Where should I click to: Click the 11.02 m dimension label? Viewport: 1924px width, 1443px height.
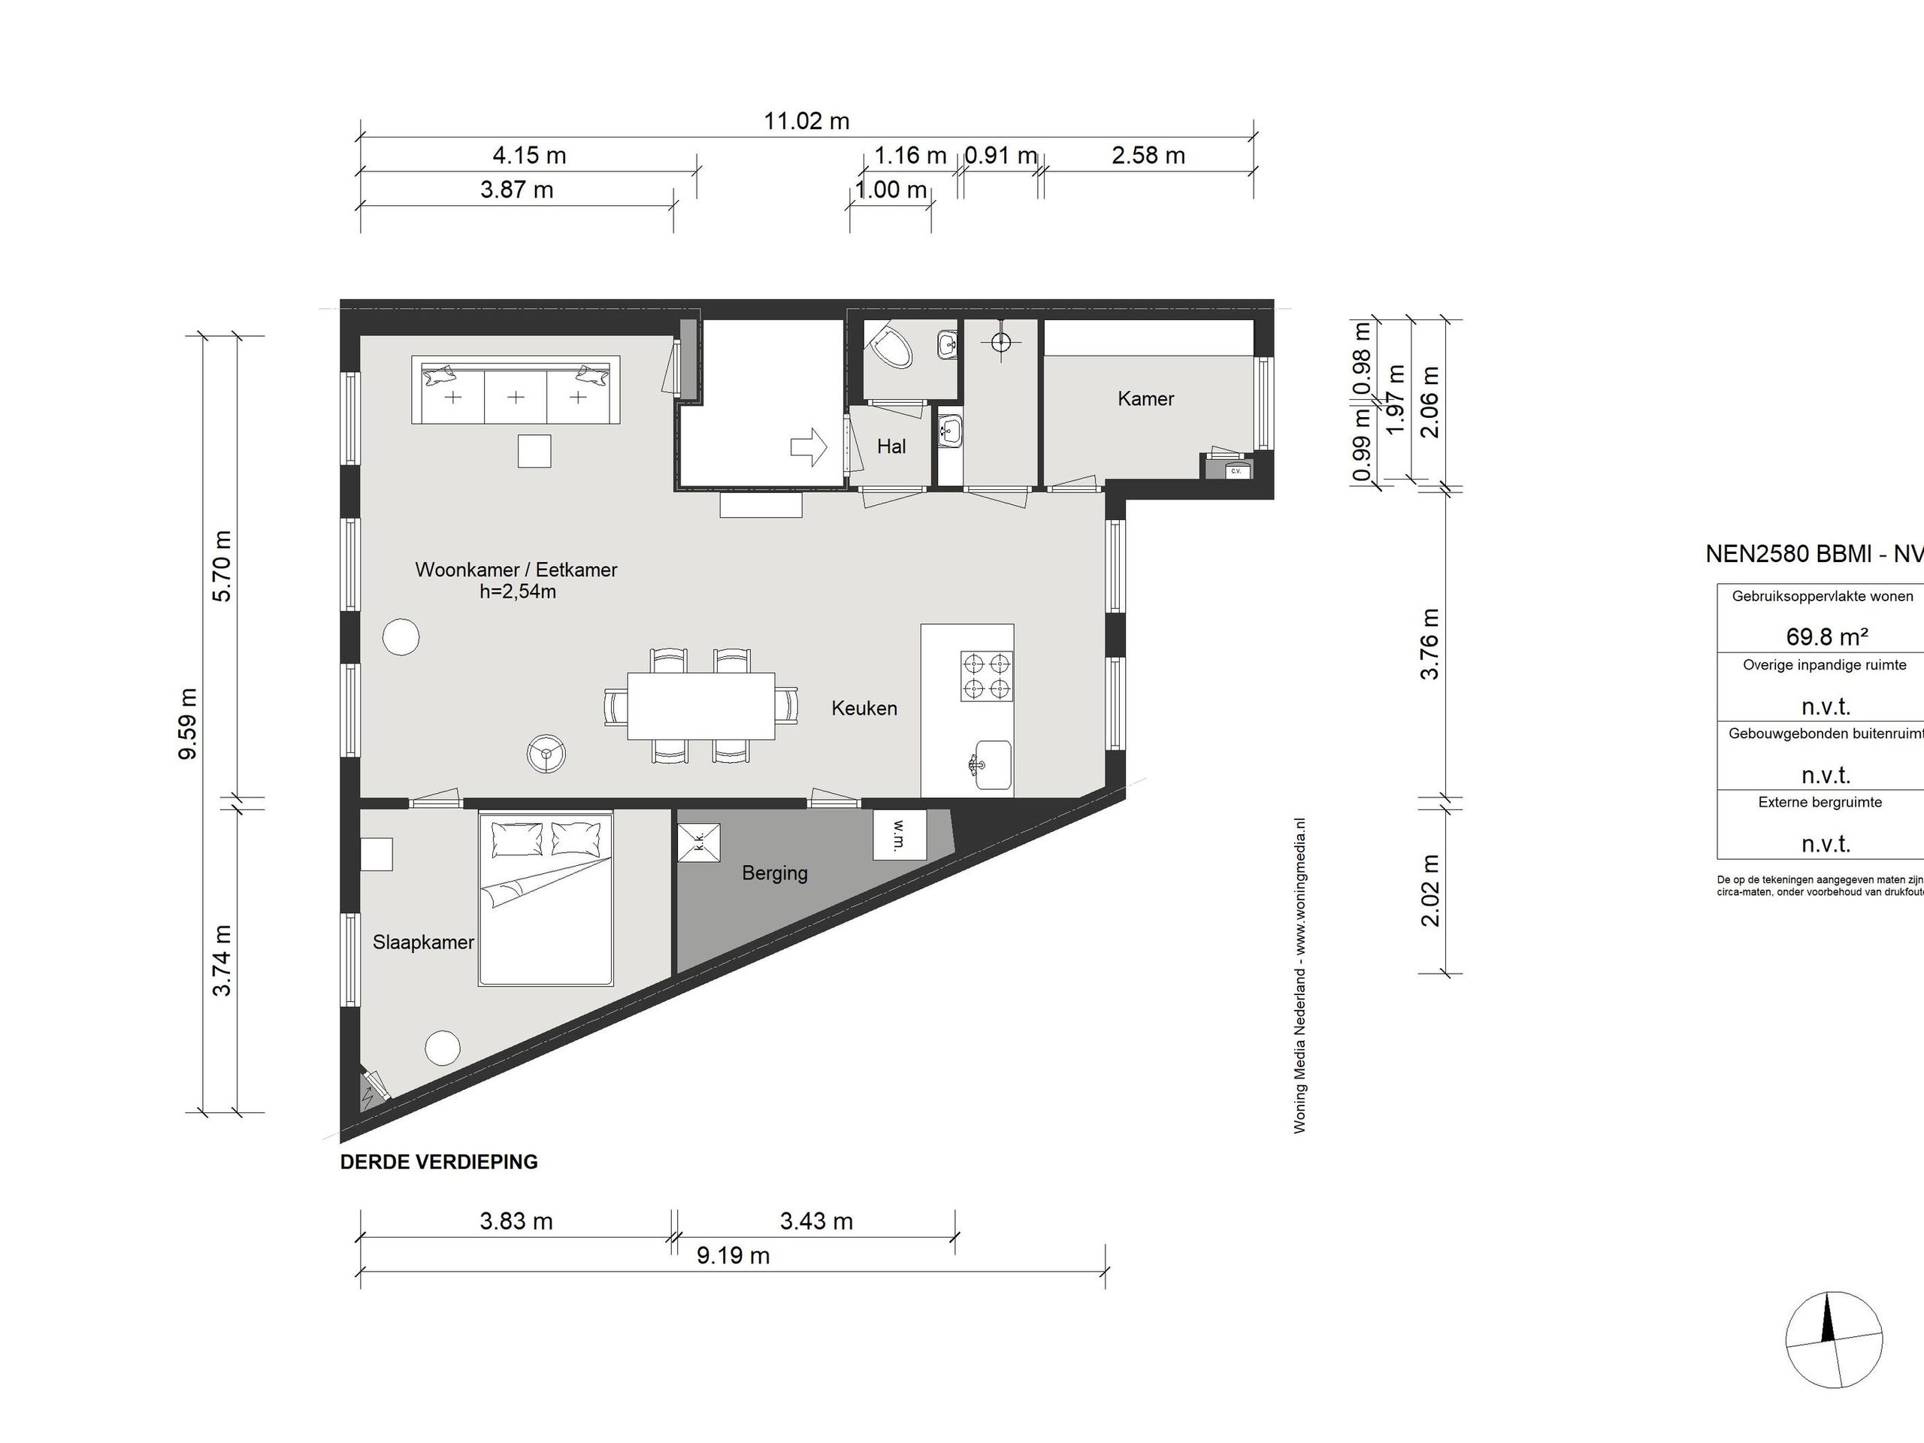pos(806,121)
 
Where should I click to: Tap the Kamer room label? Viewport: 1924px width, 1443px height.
pos(1145,399)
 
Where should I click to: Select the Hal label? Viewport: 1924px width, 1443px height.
pos(891,447)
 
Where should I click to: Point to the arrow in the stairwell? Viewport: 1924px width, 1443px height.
pos(809,447)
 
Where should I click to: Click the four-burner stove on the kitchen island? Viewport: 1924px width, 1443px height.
pos(986,676)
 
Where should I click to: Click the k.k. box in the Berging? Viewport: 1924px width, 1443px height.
pos(698,843)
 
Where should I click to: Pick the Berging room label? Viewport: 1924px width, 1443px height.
pos(774,873)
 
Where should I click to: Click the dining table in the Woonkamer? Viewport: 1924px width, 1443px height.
pos(701,706)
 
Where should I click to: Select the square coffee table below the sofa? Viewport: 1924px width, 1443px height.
pos(534,450)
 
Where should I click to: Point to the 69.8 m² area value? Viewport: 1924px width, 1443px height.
pos(1826,637)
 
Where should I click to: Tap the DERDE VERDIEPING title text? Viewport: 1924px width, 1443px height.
pos(438,1162)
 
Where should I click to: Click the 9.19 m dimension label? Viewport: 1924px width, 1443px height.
pos(732,1256)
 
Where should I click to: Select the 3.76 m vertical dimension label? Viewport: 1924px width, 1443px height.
pos(1429,645)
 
